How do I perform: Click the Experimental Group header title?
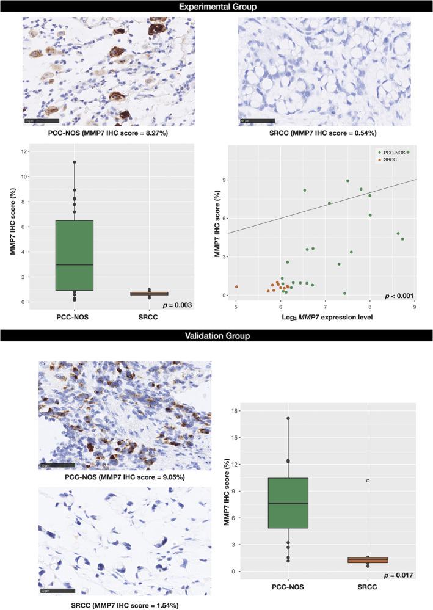216,7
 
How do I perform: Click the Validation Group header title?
216,335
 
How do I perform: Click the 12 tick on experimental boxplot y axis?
24,151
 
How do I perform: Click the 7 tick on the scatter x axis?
325,309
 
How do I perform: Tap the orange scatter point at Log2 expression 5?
236,286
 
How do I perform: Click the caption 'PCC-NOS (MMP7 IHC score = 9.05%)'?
125,477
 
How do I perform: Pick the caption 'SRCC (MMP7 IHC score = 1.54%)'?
125,605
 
